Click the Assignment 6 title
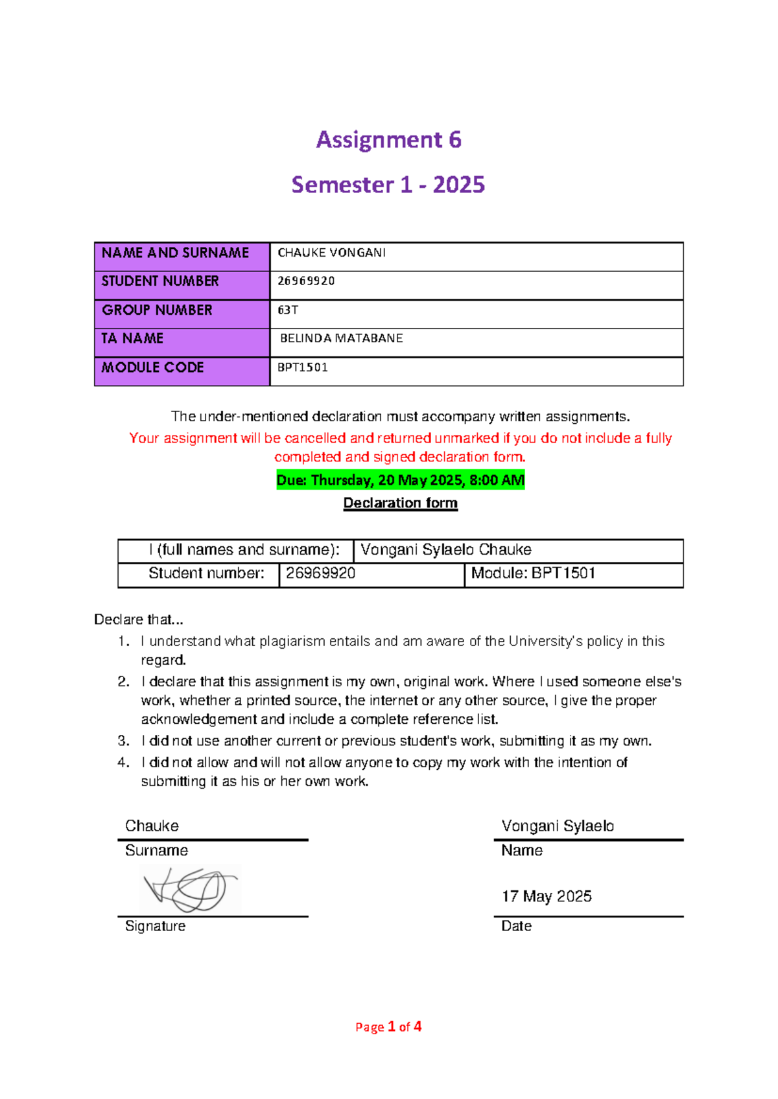388,140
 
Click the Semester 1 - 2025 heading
388,185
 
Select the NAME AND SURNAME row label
175,253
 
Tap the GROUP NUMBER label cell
157,310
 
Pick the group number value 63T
288,310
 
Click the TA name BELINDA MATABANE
341,338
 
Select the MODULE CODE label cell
153,367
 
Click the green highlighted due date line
400,480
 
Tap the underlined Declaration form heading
400,503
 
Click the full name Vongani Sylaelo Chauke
446,549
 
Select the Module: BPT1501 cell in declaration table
533,573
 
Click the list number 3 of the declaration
123,741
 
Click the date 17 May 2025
547,896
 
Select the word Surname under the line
156,850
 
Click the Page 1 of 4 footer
388,1026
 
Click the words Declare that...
138,619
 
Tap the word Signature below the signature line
155,926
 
